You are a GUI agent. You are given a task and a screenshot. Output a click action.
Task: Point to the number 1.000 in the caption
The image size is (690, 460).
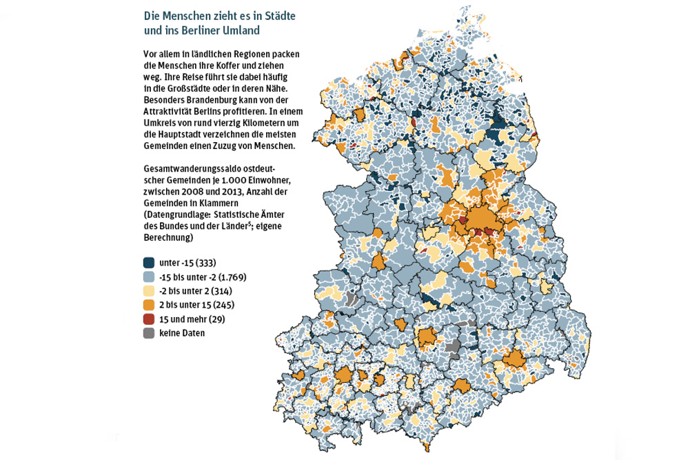pyautogui.click(x=238, y=181)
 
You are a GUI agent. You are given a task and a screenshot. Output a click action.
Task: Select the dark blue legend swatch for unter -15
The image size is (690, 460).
pyautogui.click(x=149, y=263)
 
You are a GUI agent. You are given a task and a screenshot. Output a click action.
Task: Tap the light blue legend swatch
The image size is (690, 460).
pyautogui.click(x=149, y=277)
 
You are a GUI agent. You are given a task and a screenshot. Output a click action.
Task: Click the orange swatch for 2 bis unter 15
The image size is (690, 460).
pyautogui.click(x=149, y=305)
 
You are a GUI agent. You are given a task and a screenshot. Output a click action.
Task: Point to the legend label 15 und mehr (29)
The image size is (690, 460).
pyautogui.click(x=192, y=319)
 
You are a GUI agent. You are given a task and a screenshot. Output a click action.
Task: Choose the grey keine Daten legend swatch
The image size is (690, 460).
pyautogui.click(x=149, y=333)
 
